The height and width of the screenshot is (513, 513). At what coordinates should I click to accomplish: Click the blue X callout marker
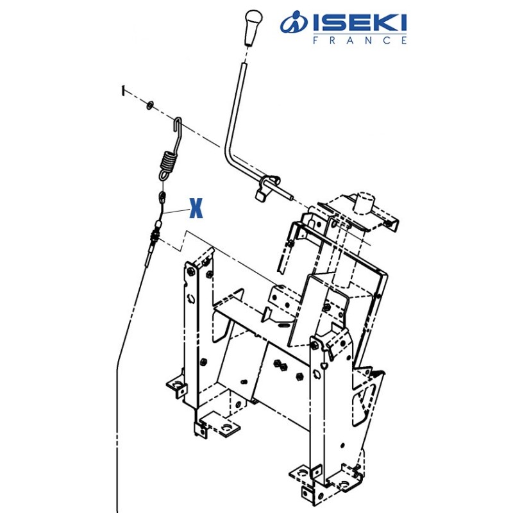[196, 208]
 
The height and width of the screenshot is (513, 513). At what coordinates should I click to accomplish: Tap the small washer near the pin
[150, 104]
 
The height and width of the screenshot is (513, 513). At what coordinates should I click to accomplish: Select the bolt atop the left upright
[190, 270]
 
